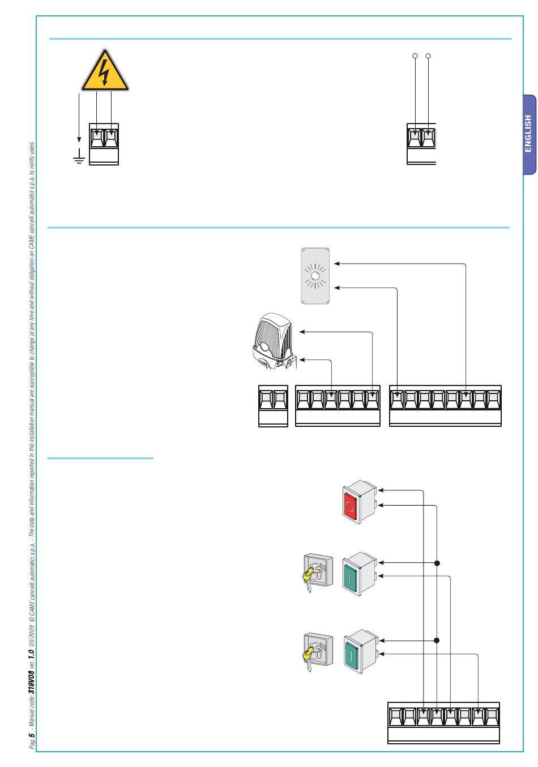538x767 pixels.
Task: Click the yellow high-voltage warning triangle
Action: click(x=105, y=73)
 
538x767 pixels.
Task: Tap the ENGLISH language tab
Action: click(x=528, y=134)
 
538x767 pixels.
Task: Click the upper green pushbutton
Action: click(x=359, y=572)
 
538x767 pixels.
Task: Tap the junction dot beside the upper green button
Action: click(x=437, y=563)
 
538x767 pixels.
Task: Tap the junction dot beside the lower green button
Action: click(x=437, y=641)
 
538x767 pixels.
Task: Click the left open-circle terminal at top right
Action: click(x=415, y=56)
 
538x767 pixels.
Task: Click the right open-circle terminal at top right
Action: click(x=429, y=56)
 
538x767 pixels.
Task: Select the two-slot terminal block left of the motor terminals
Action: click(x=273, y=405)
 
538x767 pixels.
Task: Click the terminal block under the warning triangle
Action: click(x=105, y=143)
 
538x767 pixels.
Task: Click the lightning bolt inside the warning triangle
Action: click(x=104, y=71)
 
